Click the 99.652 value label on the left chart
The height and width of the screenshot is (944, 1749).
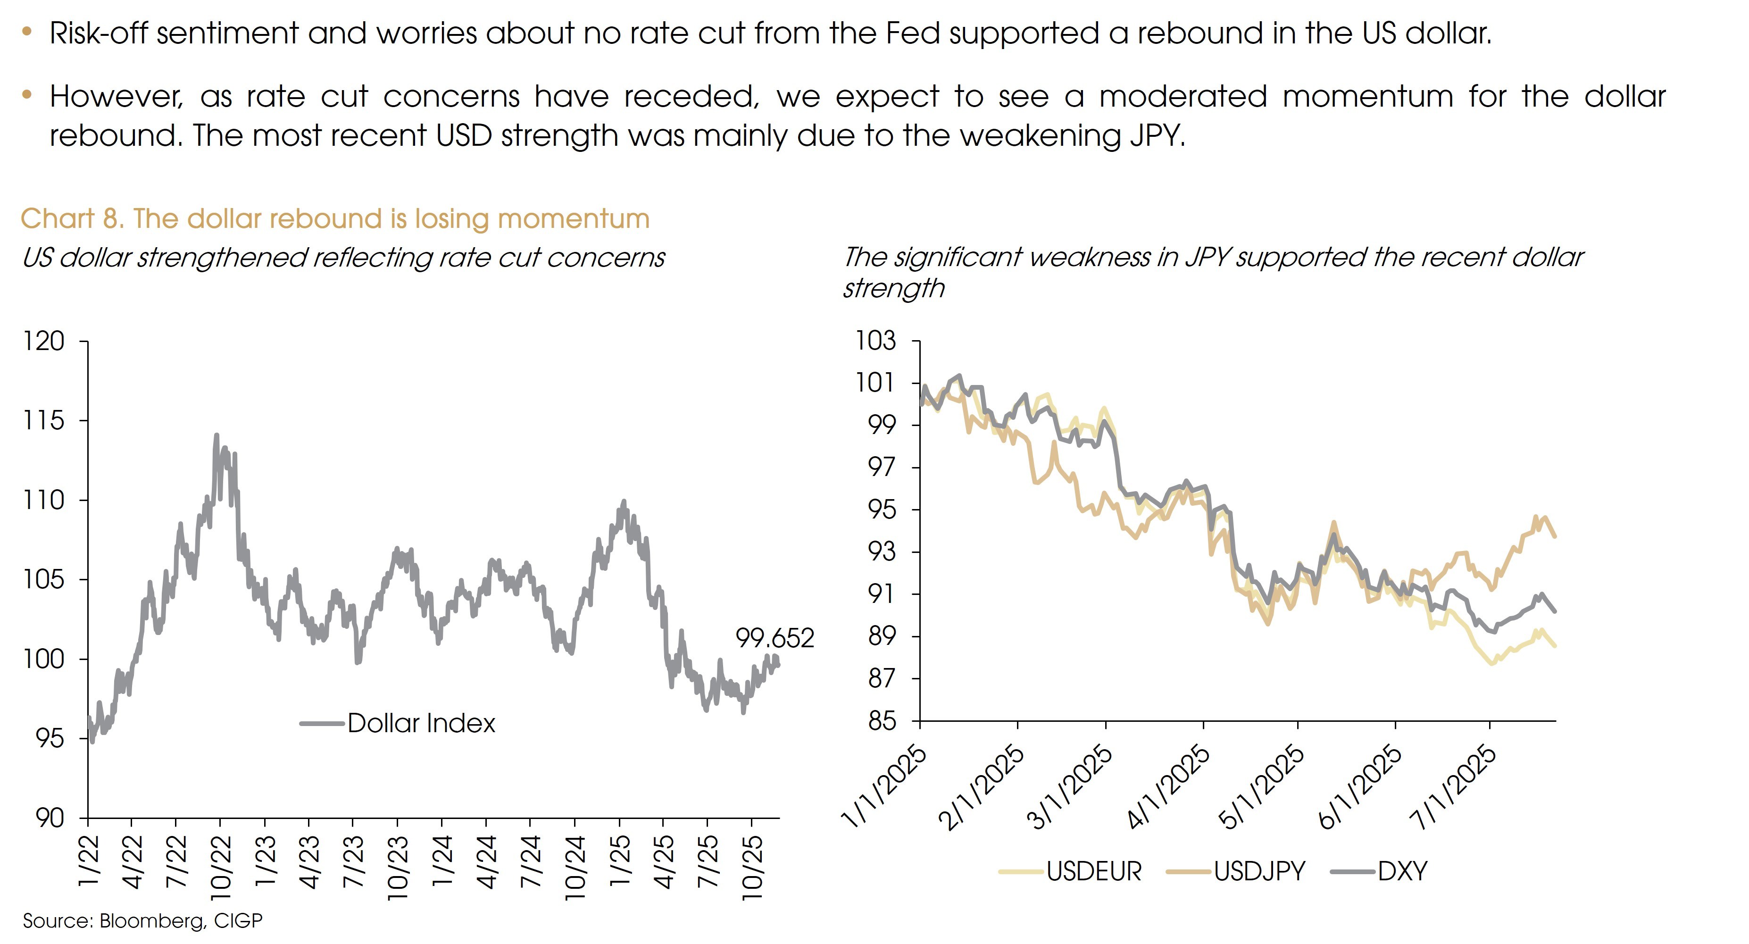775,638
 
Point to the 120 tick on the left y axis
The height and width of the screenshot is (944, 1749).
44,341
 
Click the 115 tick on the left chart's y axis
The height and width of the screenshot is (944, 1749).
44,420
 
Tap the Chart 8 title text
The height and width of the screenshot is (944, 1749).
335,219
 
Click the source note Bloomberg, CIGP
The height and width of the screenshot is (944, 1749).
142,921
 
